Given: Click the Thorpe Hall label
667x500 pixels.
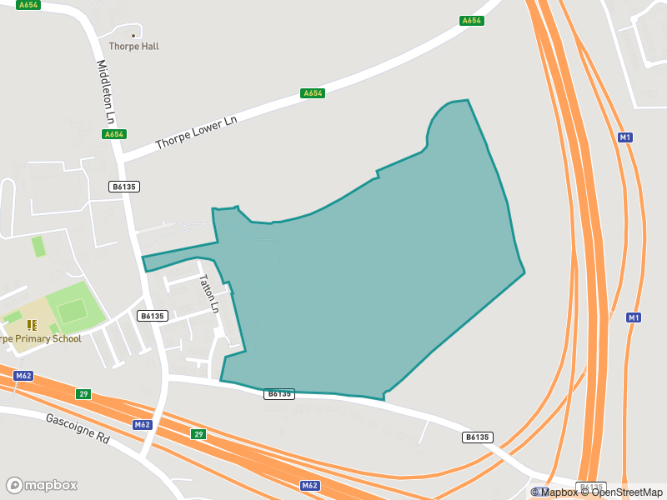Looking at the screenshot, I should click(x=133, y=47).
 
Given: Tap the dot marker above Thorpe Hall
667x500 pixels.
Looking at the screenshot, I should click(x=133, y=35).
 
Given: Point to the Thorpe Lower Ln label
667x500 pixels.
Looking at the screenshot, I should click(x=197, y=133).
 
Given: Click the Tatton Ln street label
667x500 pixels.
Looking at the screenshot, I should click(x=208, y=294).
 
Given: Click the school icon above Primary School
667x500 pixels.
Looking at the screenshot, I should click(x=32, y=324).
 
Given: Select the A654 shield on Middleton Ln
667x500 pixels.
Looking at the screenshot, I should click(x=114, y=134).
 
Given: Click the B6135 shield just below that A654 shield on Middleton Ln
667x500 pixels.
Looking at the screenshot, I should click(x=123, y=187).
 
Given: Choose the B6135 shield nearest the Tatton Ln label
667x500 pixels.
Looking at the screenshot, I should click(x=153, y=316).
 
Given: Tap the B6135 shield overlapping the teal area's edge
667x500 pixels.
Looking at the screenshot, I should click(x=279, y=393).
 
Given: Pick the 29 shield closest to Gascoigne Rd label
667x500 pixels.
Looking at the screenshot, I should click(x=83, y=394).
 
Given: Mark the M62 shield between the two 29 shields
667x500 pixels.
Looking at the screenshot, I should click(x=143, y=425).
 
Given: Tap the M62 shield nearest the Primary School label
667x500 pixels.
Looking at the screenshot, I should click(x=23, y=376).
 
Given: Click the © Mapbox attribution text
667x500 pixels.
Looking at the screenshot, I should click(x=555, y=492).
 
